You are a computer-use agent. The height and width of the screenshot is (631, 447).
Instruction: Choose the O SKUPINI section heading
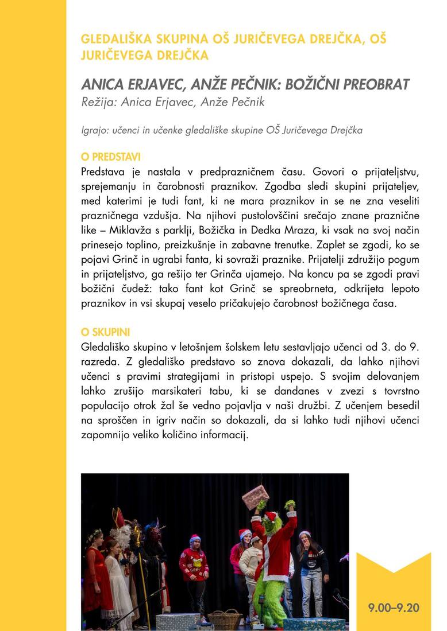[x=106, y=332]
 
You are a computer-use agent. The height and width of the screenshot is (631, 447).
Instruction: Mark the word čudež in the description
[x=132, y=289]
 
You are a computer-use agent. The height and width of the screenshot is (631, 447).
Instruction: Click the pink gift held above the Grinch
[x=255, y=496]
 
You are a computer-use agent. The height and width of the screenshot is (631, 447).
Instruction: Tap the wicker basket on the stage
[x=225, y=620]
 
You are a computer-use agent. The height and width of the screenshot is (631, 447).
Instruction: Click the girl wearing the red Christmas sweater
[x=194, y=568]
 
